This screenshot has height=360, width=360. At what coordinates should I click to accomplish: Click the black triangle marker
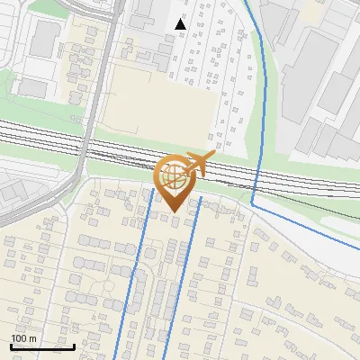pos(180,24)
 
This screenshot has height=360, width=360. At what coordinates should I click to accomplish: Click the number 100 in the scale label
pos(19,338)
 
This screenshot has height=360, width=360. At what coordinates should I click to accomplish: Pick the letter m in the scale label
pos(32,338)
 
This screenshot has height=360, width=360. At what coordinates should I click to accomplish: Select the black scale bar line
pos(42,346)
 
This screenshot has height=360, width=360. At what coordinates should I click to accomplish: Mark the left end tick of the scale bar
pos(11,345)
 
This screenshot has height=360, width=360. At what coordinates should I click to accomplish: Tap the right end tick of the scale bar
pos(74,345)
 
